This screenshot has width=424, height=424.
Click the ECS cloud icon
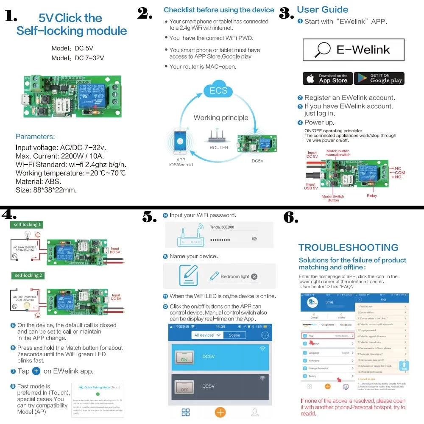click(x=218, y=89)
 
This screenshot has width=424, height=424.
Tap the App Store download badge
click(x=327, y=78)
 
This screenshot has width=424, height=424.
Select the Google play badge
click(x=379, y=78)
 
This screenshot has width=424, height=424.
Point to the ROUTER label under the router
click(x=219, y=148)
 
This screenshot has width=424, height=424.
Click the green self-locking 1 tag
click(x=28, y=225)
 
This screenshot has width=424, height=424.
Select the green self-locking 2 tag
click(x=28, y=276)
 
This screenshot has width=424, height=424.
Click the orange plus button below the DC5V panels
click(x=220, y=412)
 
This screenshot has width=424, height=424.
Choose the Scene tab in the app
click(x=234, y=335)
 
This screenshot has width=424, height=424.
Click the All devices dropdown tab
click(x=207, y=335)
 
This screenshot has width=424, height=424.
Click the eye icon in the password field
click(x=254, y=239)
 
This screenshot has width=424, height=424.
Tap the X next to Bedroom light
click(x=254, y=276)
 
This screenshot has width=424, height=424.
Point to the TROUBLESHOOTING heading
click(x=348, y=248)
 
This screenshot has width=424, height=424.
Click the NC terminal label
click(x=398, y=169)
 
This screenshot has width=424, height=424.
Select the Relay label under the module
click(x=372, y=196)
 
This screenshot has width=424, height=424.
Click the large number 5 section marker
click(x=150, y=218)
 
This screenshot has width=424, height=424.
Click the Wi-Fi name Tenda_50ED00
click(x=222, y=227)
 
